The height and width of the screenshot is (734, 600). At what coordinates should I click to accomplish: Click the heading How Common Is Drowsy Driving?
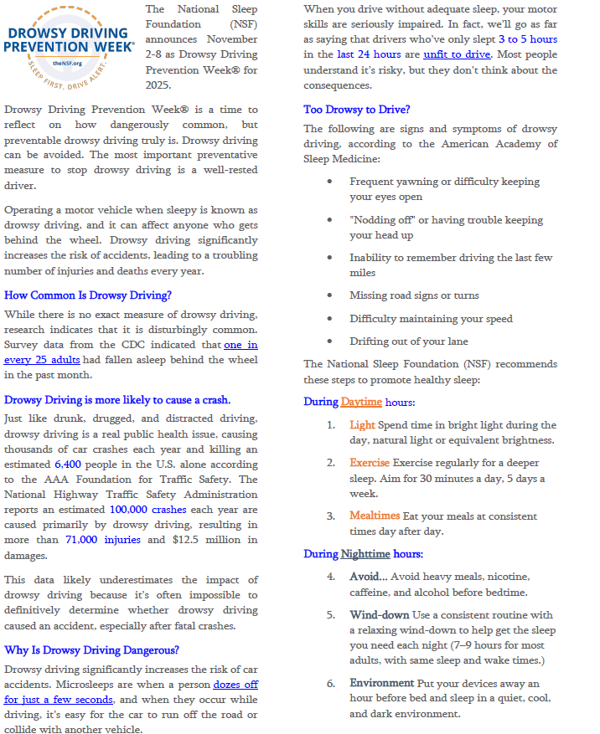(88, 295)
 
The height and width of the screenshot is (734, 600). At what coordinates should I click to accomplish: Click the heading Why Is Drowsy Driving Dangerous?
(91, 649)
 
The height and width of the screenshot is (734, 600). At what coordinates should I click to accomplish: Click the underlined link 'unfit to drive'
(457, 54)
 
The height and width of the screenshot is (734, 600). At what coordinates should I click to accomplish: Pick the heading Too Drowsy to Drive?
(357, 109)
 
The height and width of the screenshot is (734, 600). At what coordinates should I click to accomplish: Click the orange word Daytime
(360, 402)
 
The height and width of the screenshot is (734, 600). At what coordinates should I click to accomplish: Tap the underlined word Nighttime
(365, 554)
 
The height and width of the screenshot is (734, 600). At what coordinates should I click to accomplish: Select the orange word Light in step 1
(362, 425)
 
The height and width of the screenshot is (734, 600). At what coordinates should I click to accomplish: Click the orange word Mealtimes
(375, 516)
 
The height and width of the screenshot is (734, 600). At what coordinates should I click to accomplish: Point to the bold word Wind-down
(379, 614)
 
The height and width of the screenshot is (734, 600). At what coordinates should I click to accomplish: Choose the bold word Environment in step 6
(381, 683)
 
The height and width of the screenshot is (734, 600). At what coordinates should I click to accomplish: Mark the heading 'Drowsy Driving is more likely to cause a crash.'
(117, 400)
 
